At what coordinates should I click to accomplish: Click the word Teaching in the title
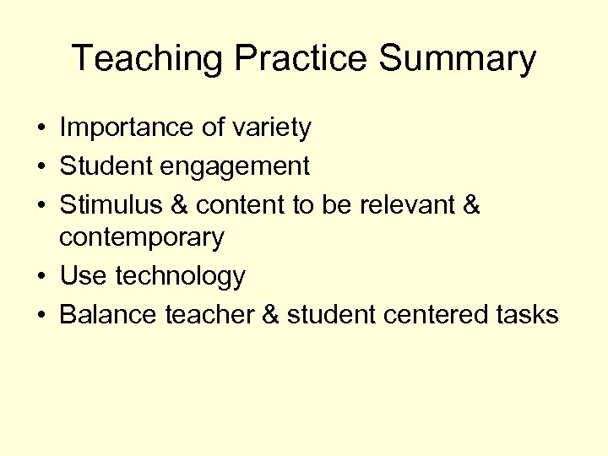(148, 59)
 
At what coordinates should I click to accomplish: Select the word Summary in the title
(458, 59)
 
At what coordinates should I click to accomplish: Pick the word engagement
(238, 166)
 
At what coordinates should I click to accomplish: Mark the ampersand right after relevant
(470, 205)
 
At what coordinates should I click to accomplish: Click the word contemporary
(141, 238)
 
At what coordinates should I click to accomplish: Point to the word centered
(433, 315)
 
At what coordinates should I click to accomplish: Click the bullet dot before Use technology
(41, 277)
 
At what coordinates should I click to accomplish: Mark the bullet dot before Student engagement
(41, 167)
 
